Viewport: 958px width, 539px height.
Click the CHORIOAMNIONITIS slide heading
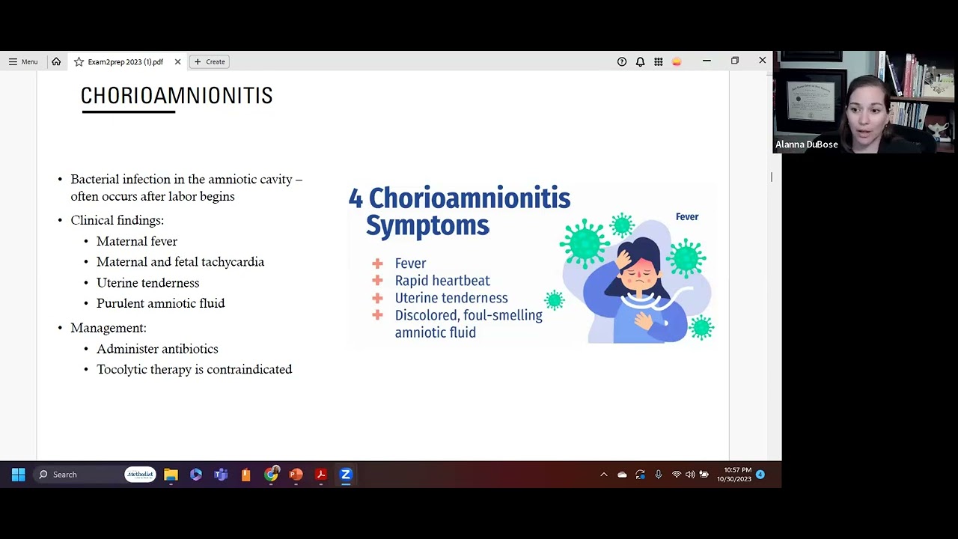pos(177,95)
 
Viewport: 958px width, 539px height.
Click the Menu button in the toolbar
pos(23,61)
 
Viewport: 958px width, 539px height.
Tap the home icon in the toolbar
pos(56,61)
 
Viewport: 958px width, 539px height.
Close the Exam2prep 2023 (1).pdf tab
pos(178,61)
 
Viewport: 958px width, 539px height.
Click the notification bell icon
pos(640,62)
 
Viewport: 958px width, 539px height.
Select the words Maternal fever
pos(137,241)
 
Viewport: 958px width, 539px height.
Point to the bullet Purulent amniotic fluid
pos(161,303)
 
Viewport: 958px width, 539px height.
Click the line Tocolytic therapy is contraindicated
pos(195,369)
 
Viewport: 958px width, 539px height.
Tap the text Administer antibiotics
pos(157,349)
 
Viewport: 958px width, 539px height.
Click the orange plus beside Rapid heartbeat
pos(377,281)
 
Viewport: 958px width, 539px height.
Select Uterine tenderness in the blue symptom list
pos(451,298)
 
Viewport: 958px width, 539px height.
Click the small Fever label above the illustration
pos(687,217)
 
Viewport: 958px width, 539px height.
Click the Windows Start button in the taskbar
pos(19,475)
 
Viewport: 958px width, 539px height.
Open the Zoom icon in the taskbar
pos(346,475)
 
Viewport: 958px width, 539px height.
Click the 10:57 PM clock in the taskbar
pos(737,469)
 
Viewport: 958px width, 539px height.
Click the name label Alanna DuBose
pos(807,144)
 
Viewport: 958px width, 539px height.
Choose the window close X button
pos(762,61)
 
